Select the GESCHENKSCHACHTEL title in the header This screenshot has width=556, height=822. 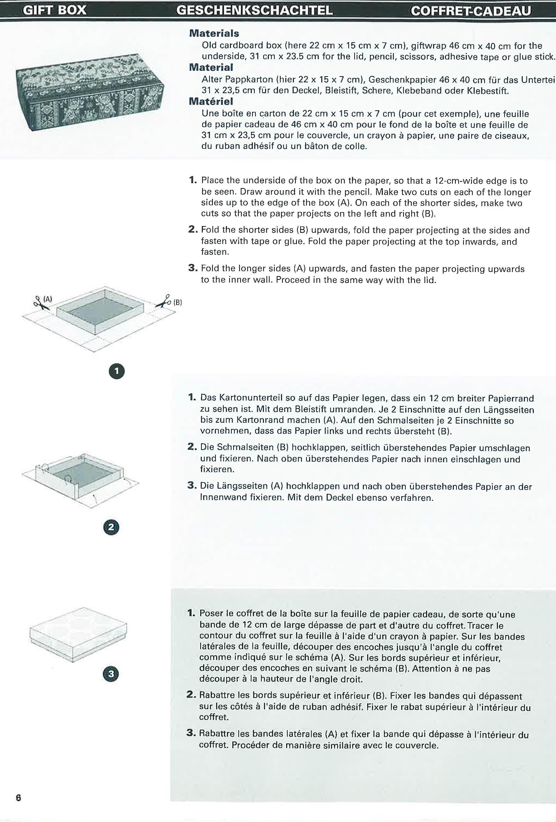(254, 10)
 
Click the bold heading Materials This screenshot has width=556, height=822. (214, 33)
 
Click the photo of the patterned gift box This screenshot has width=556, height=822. (90, 92)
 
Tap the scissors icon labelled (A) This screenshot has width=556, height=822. (41, 303)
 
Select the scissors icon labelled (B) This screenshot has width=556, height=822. (163, 302)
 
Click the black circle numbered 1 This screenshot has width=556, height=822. (117, 371)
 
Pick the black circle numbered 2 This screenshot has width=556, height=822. (111, 527)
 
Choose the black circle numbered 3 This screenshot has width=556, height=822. (111, 674)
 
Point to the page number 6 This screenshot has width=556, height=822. (18, 798)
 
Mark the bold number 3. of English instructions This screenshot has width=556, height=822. (193, 268)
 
